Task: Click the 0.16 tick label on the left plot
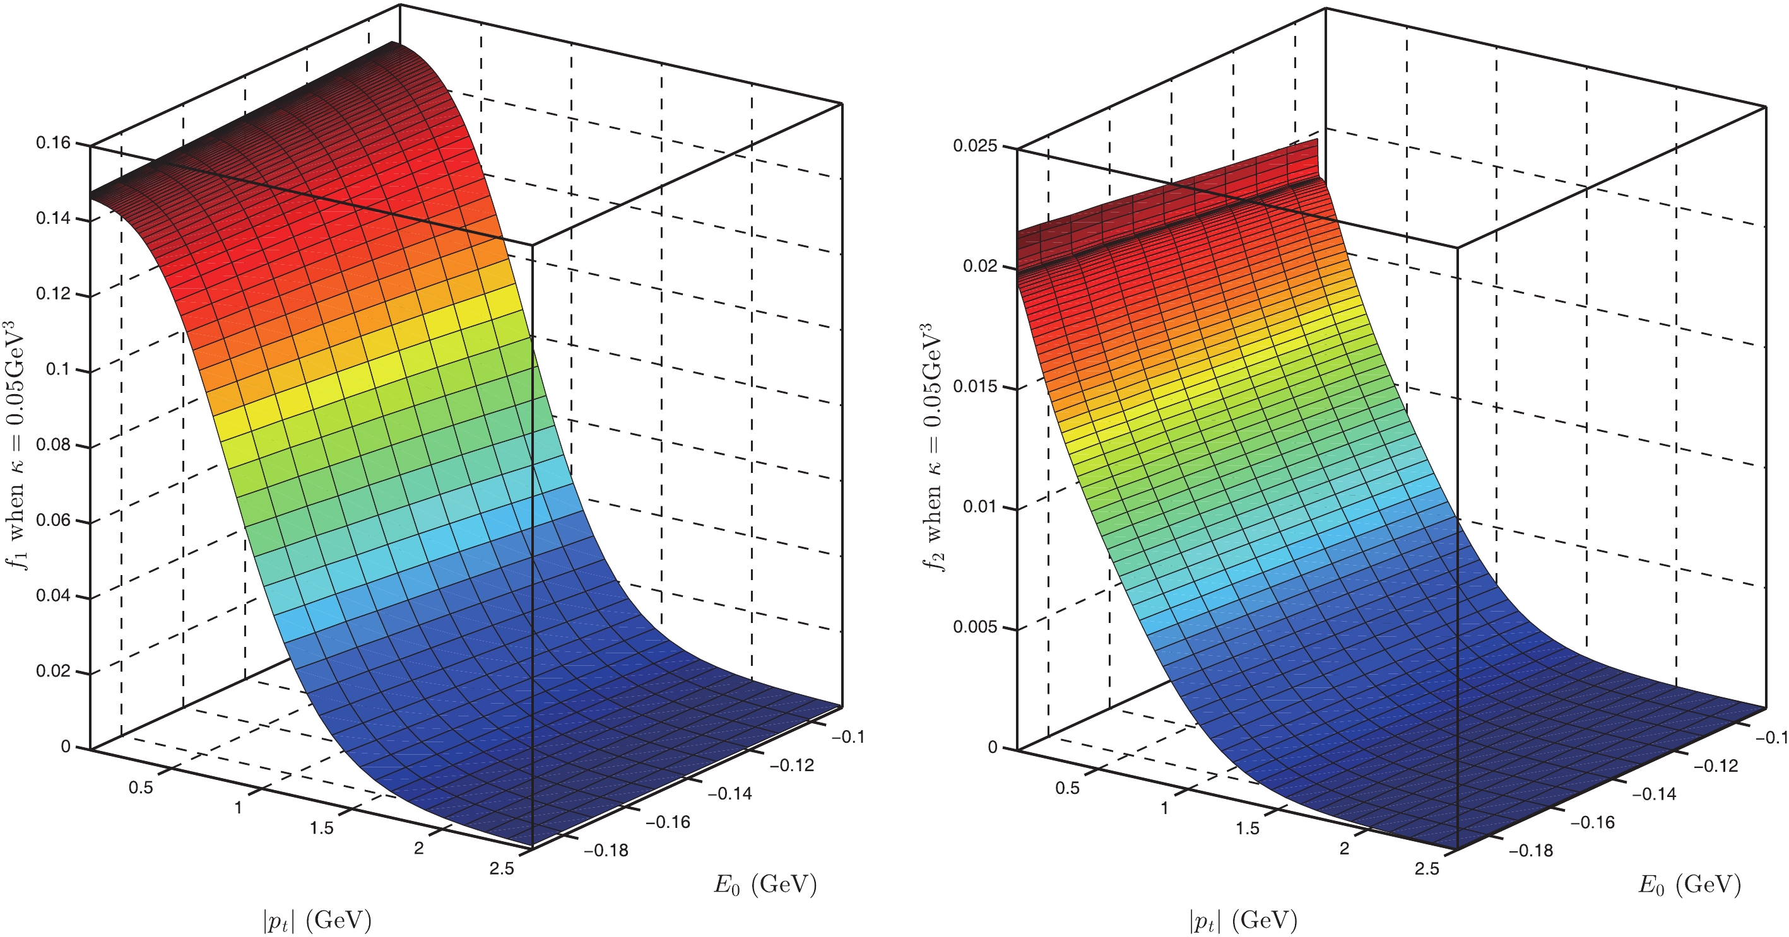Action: [54, 143]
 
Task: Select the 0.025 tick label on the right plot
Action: [975, 146]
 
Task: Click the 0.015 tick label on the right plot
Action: [975, 387]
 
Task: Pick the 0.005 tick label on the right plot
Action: [975, 627]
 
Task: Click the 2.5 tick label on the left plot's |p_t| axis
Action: [502, 868]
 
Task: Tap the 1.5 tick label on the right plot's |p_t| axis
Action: [1248, 828]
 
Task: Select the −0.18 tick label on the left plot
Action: [606, 850]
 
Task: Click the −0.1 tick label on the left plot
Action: [849, 737]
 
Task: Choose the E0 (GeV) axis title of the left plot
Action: [765, 885]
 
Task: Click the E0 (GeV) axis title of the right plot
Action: [1691, 885]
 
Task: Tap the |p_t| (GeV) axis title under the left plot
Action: [317, 921]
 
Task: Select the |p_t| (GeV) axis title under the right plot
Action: [1243, 921]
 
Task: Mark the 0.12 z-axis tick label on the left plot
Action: [54, 294]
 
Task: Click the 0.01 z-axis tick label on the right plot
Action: [980, 507]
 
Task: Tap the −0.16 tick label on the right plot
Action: [1593, 822]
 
